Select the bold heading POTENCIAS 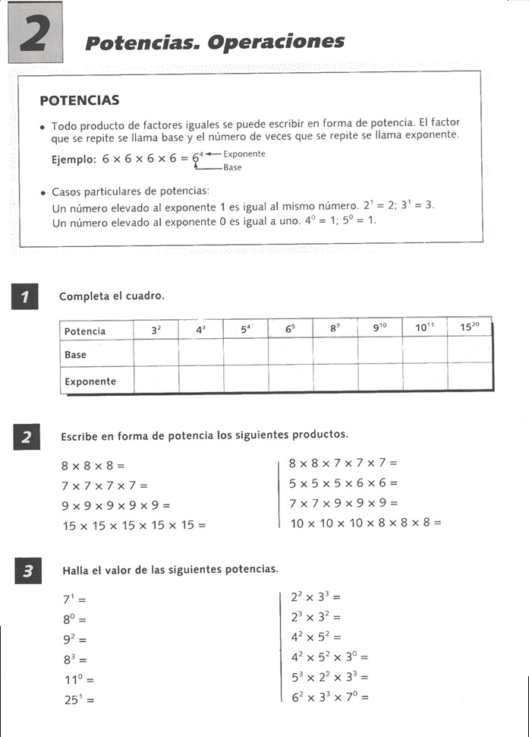(x=80, y=100)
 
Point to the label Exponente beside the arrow (x=244, y=153)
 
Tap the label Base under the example (x=232, y=167)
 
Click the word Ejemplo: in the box (x=74, y=160)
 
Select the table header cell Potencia (x=85, y=331)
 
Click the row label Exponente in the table (x=90, y=381)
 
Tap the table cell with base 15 (x=469, y=328)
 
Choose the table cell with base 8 (x=335, y=329)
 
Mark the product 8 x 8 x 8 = (x=92, y=464)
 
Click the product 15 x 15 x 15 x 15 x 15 (x=134, y=524)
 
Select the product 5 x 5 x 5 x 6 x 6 (x=343, y=482)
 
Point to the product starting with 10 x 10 (x=365, y=523)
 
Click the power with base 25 (x=79, y=700)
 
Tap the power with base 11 (x=79, y=679)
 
